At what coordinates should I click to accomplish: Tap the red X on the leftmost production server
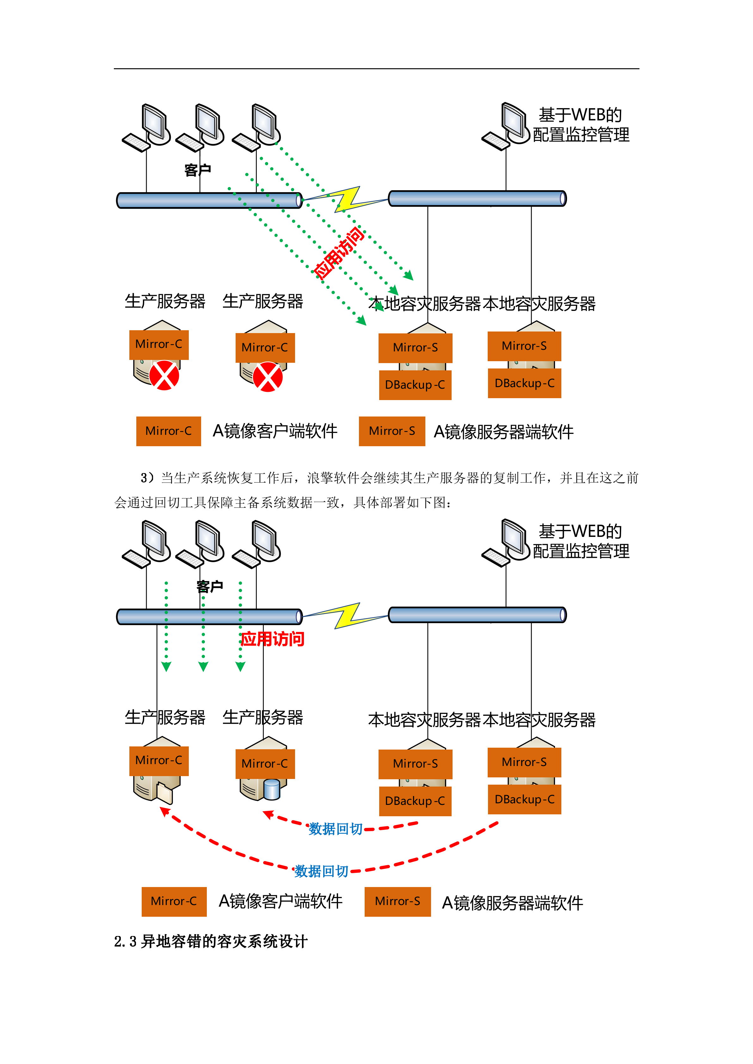[x=164, y=375]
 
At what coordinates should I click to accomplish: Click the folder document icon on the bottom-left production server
[x=164, y=793]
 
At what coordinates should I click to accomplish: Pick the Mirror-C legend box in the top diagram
[x=168, y=431]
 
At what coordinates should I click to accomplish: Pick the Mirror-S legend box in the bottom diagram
[x=397, y=901]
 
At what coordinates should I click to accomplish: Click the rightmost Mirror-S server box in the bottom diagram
[x=524, y=762]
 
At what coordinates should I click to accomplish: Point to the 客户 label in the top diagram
[x=198, y=170]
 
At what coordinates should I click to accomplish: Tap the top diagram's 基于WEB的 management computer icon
[x=506, y=126]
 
